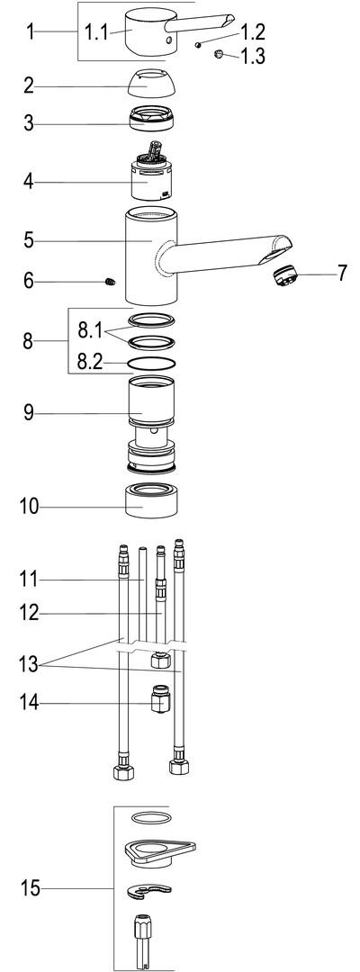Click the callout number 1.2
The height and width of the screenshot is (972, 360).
coord(252,32)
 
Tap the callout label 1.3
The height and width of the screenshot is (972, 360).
coord(252,57)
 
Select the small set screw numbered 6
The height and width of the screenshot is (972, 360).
coord(110,282)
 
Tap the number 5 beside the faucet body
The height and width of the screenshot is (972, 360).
coord(29,240)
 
